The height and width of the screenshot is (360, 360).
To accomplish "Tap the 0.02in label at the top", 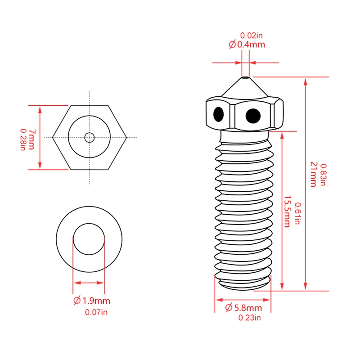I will click(248, 35).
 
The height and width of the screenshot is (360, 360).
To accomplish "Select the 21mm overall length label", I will click(314, 175).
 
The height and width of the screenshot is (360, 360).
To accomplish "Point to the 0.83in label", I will click(323, 175).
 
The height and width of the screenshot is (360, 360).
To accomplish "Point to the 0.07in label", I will click(96, 312).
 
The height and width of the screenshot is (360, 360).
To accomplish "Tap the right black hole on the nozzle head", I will click(253, 116).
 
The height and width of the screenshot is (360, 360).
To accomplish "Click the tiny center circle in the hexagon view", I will click(90, 137).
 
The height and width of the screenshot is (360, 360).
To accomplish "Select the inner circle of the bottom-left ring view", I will click(88, 238).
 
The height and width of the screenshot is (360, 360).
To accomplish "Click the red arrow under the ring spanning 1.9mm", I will click(88, 283).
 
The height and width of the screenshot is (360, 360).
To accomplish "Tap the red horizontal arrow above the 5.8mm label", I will click(243, 299).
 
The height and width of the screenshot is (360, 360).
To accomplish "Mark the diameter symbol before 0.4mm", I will click(232, 45).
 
